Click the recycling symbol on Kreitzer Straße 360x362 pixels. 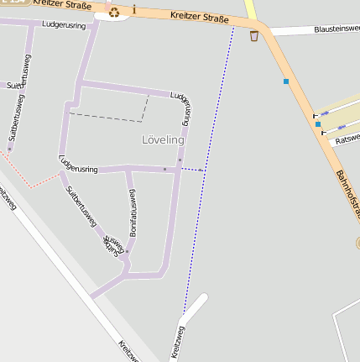coord(114,12)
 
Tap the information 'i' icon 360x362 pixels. coord(134,9)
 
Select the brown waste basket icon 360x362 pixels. coord(254,35)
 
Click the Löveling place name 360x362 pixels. coord(163,139)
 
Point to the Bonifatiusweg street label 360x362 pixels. coord(132,207)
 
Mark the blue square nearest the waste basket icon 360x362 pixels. coord(286,81)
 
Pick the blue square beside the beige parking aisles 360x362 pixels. coord(318,124)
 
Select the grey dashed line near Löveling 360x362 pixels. coord(109,117)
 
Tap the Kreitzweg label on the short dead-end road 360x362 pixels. coord(178,342)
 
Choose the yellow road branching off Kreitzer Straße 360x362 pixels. coord(251,10)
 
